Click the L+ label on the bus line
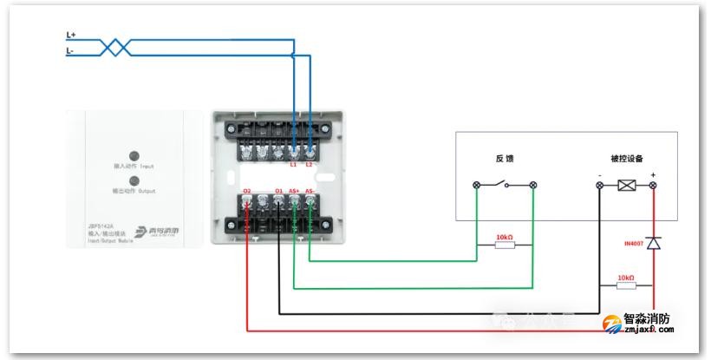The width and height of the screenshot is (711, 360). coord(72,36)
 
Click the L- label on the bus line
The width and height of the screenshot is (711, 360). coord(71,52)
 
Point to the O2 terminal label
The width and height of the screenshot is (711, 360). coord(247,191)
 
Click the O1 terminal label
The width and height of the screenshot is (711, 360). coord(278,191)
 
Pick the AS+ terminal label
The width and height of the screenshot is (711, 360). coord(294,191)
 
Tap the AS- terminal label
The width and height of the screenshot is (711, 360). coord(310,191)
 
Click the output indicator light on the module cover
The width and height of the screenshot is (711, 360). coord(134,181)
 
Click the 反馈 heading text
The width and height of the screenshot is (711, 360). coord(506,159)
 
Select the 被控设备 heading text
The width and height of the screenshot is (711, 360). coord(627,159)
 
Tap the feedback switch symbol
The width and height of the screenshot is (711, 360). coord(506,186)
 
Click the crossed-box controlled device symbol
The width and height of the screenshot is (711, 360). coord(627,186)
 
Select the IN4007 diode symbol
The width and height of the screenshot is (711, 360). coord(654,245)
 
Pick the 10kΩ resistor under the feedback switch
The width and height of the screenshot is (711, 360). coord(505,245)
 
